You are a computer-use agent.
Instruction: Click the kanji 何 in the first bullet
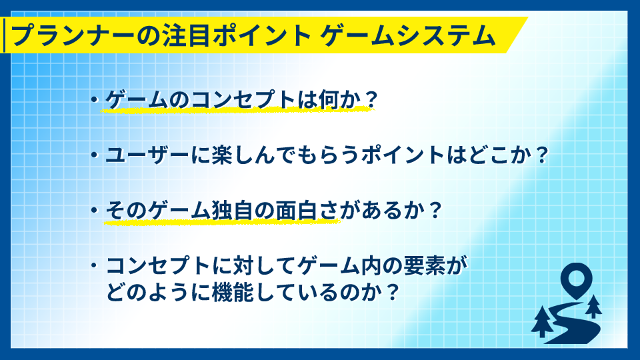point(329,99)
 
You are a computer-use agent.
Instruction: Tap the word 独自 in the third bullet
point(233,211)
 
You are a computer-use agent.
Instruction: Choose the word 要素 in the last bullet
point(425,265)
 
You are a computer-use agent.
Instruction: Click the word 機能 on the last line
point(233,292)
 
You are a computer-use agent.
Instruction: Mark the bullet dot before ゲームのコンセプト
point(95,99)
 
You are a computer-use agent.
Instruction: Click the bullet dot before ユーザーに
point(95,155)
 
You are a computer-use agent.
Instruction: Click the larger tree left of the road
point(543,321)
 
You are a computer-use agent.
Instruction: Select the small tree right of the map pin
point(593,307)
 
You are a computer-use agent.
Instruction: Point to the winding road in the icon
point(571,323)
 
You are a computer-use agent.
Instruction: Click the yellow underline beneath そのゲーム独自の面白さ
point(221,222)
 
